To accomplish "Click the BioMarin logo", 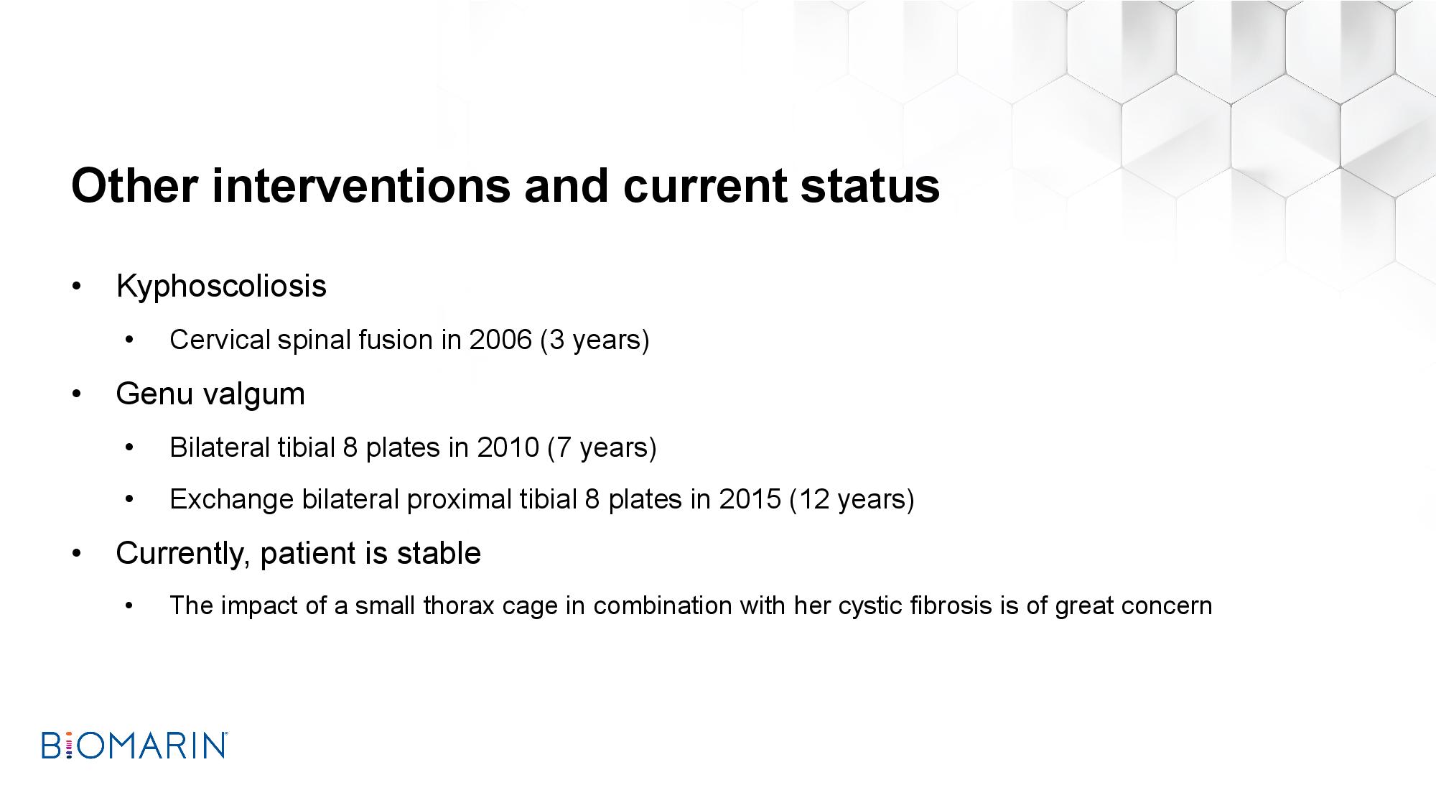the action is [135, 746].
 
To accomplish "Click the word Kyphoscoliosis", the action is [221, 287].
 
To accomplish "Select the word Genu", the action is [152, 394].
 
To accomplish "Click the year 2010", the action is [508, 447].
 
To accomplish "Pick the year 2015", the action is [750, 499].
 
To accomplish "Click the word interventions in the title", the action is [360, 186].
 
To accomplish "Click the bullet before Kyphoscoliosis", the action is [76, 287].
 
